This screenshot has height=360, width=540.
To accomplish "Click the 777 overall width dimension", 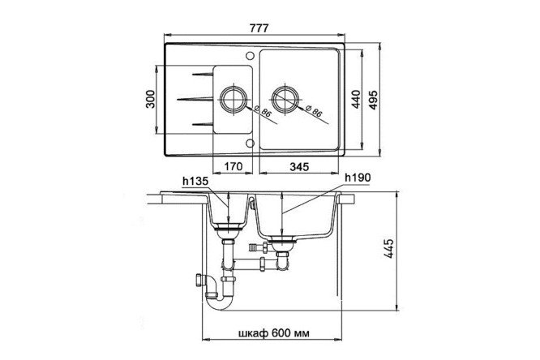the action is click(259, 28).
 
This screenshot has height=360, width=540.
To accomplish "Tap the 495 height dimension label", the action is click(373, 101).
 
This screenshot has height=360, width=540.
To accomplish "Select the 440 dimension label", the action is click(356, 99).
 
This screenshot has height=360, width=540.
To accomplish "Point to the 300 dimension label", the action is click(151, 99).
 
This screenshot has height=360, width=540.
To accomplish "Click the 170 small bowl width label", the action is click(234, 167).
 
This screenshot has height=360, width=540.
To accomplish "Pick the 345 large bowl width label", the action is click(299, 167).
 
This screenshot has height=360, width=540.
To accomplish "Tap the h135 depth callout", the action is click(195, 181).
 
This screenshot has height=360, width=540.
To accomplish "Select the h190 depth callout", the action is click(358, 178).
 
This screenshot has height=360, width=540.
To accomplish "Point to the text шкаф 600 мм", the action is click(274, 333).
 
